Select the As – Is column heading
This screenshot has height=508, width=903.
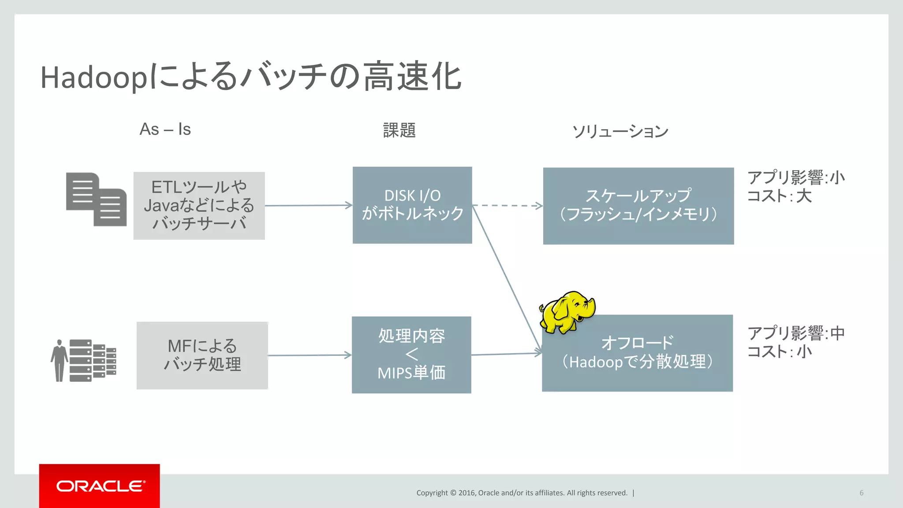tap(165, 130)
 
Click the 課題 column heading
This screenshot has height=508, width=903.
tap(399, 131)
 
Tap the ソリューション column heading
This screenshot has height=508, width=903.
tap(620, 131)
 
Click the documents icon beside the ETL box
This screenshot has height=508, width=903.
tap(96, 199)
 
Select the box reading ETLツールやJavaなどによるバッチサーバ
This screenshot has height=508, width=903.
tap(199, 205)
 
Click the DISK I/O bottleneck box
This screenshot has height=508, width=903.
tap(412, 205)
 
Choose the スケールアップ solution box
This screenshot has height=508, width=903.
tap(638, 206)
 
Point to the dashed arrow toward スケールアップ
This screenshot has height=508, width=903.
tap(507, 205)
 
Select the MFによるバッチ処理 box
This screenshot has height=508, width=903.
tap(202, 355)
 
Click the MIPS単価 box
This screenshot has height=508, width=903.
tap(411, 355)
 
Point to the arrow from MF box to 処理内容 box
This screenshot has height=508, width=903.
tap(309, 355)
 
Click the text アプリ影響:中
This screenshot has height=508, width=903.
tap(796, 333)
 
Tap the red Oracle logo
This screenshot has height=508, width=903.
tap(100, 486)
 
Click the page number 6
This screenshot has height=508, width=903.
tap(861, 493)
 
